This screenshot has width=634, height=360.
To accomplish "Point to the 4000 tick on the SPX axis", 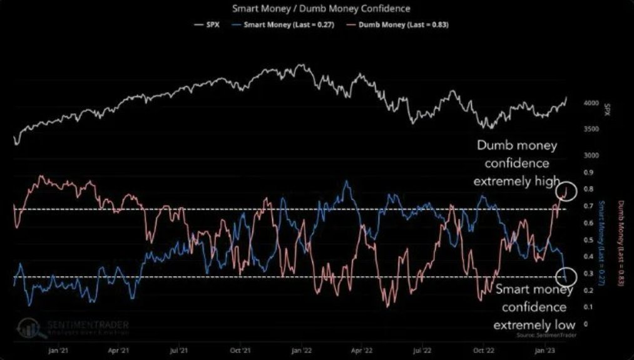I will click(x=591, y=103).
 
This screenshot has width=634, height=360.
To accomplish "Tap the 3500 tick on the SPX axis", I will click(x=591, y=129).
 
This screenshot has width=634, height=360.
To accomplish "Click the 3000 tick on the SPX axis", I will click(x=591, y=155).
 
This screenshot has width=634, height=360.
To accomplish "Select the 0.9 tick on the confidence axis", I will click(x=587, y=172).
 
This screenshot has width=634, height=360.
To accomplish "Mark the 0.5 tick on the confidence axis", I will click(x=587, y=240).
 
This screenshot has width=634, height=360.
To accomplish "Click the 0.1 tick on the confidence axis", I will click(x=587, y=307).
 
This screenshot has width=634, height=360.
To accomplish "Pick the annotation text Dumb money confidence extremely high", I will click(x=517, y=163).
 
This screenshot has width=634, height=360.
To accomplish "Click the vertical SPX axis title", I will click(x=608, y=110).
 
